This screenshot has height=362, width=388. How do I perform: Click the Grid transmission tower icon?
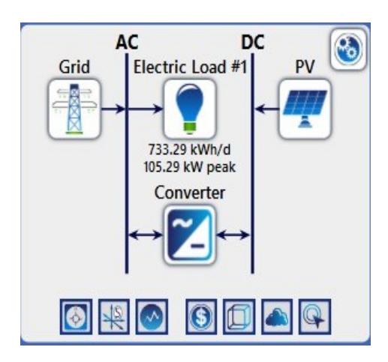pyautogui.click(x=74, y=109)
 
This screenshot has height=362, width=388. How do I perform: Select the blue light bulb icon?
pyautogui.click(x=190, y=109)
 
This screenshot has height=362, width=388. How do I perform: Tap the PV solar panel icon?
pyautogui.click(x=305, y=109)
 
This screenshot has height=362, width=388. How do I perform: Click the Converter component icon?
pyautogui.click(x=190, y=235)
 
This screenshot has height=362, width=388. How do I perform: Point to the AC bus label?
pyautogui.click(x=127, y=42)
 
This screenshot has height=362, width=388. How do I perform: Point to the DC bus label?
pyautogui.click(x=253, y=42)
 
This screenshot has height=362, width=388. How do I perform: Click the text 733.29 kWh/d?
pyautogui.click(x=189, y=150)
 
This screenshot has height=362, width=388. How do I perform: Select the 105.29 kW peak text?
pyautogui.click(x=189, y=167)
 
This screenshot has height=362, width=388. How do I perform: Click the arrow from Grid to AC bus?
pyautogui.click(x=113, y=109)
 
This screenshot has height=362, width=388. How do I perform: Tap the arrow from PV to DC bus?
pyautogui.click(x=267, y=109)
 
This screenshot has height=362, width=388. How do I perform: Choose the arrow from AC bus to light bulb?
pyautogui.click(x=146, y=109)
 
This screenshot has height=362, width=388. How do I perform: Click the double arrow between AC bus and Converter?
pyautogui.click(x=146, y=235)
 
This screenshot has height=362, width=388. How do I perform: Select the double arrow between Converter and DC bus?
pyautogui.click(x=233, y=235)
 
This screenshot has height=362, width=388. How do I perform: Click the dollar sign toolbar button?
pyautogui.click(x=201, y=317)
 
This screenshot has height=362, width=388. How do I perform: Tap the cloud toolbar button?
pyautogui.click(x=277, y=317)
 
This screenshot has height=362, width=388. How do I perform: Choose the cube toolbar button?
pyautogui.click(x=239, y=317)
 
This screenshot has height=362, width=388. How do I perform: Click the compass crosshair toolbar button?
pyautogui.click(x=76, y=317)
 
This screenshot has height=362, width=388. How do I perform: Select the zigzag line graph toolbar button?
pyautogui.click(x=152, y=317)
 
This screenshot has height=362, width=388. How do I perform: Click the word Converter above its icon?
pyautogui.click(x=190, y=193)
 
